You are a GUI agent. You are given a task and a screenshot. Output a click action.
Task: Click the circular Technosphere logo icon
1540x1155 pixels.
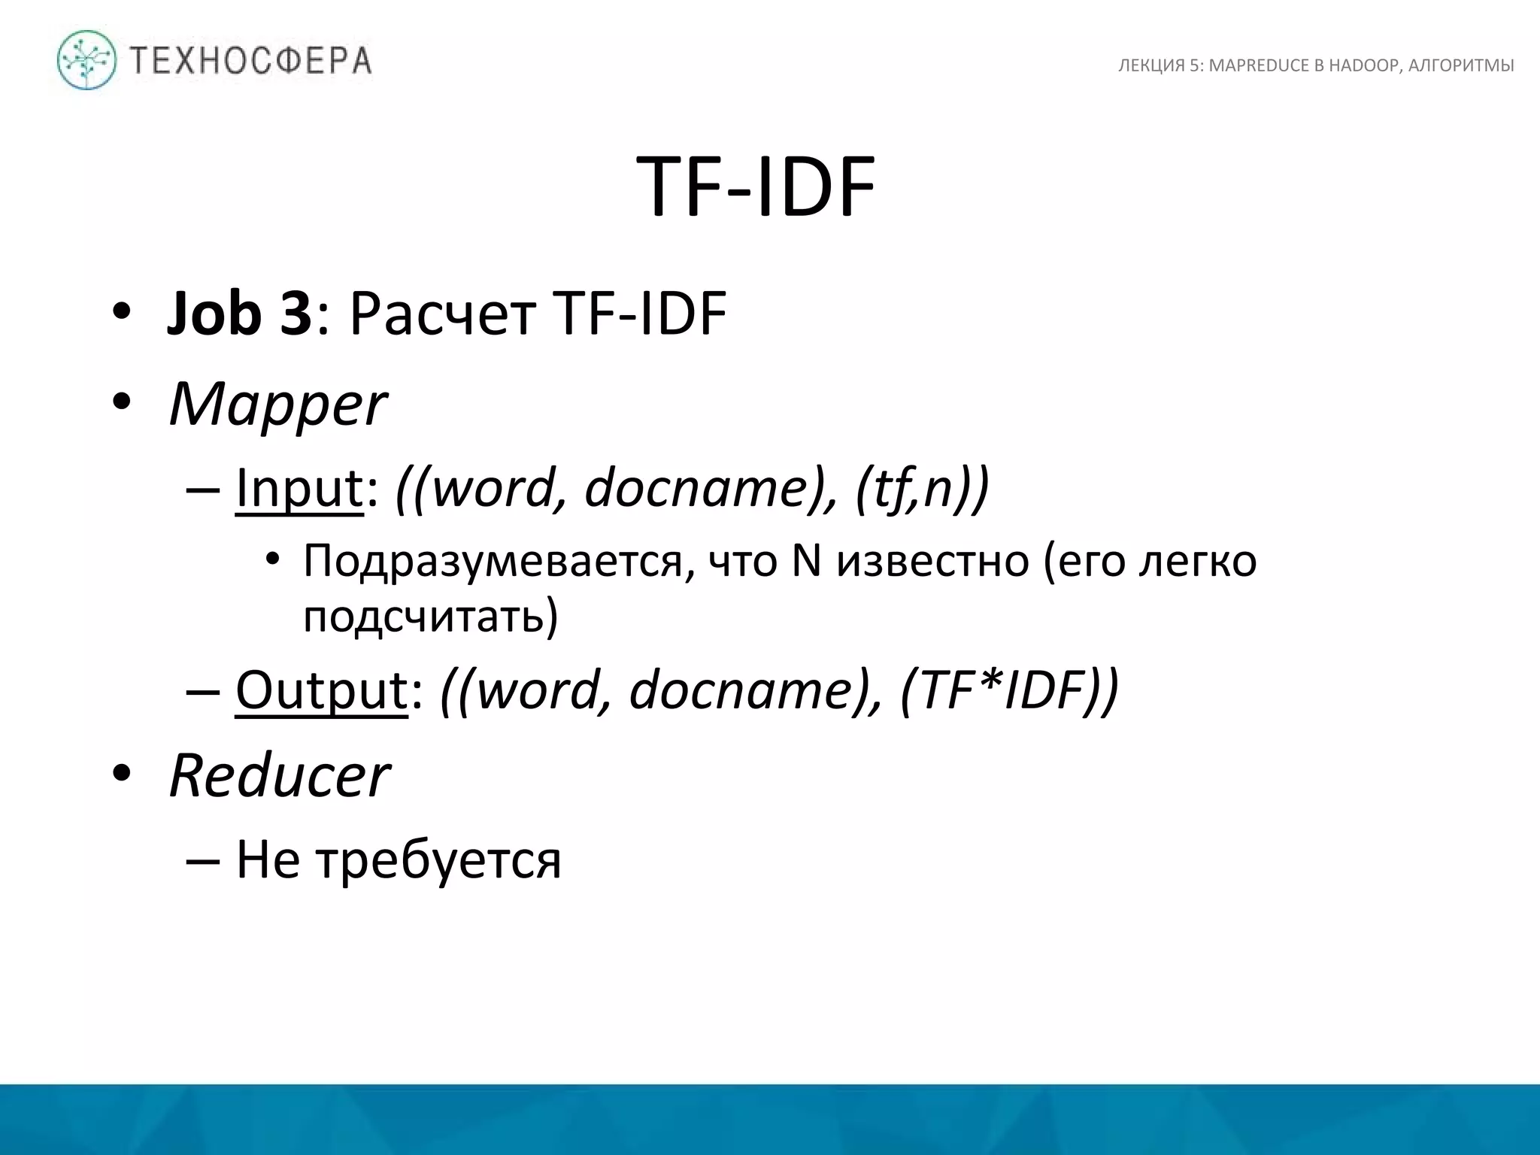pyautogui.click(x=87, y=60)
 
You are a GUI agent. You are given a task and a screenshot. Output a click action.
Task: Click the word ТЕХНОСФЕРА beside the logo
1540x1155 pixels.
pyautogui.click(x=251, y=61)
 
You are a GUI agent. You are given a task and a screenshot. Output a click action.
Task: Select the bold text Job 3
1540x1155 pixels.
pyautogui.click(x=239, y=314)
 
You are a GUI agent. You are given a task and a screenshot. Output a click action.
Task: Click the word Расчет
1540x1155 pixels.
pyautogui.click(x=443, y=314)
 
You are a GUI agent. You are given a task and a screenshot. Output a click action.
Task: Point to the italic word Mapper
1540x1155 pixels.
pyautogui.click(x=277, y=405)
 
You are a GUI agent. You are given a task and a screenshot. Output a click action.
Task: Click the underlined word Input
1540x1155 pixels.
pyautogui.click(x=299, y=489)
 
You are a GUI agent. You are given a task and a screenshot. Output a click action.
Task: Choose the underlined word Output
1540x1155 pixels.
pyautogui.click(x=321, y=690)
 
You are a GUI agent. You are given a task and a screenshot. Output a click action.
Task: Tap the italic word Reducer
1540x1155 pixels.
pyautogui.click(x=279, y=775)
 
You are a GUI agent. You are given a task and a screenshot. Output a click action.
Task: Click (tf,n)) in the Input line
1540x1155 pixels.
pyautogui.click(x=922, y=489)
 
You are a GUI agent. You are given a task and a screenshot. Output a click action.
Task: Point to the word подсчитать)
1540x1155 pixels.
pyautogui.click(x=431, y=617)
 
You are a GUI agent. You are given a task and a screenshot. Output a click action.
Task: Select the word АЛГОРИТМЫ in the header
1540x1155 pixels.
pyautogui.click(x=1461, y=66)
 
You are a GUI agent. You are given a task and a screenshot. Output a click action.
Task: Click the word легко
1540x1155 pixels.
pyautogui.click(x=1197, y=561)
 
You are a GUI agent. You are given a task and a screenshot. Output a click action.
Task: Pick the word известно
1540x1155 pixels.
pyautogui.click(x=932, y=561)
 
